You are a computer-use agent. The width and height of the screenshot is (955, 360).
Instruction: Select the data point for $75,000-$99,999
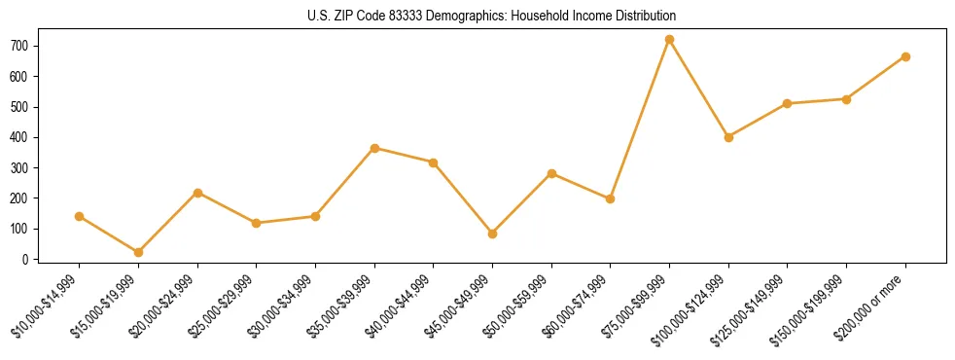[669, 40]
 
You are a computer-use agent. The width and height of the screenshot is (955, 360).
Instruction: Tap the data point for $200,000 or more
[905, 56]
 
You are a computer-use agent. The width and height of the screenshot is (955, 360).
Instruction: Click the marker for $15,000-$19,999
[138, 252]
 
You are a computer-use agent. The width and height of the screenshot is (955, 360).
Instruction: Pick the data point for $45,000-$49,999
[492, 234]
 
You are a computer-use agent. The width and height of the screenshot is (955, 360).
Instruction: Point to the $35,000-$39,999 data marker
[374, 148]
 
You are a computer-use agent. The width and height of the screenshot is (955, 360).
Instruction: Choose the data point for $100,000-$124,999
[728, 137]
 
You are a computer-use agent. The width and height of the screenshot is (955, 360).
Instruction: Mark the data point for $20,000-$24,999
[197, 193]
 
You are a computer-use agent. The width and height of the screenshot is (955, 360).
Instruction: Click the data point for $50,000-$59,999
[551, 173]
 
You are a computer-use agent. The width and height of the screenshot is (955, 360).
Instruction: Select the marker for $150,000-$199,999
[846, 99]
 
